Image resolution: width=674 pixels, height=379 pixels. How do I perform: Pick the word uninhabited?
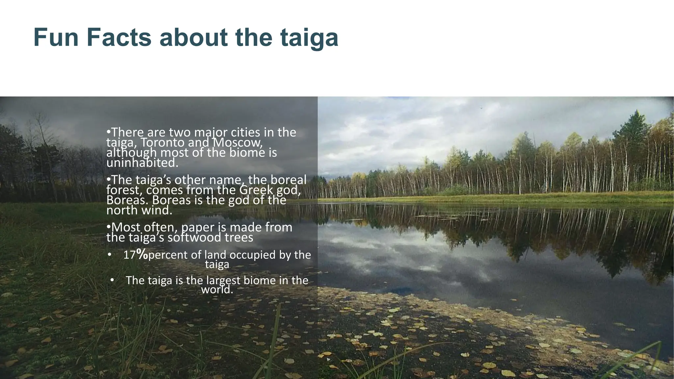[x=142, y=163]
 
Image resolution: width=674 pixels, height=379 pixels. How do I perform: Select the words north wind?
[x=139, y=211]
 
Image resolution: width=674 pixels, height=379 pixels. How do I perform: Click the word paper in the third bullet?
[x=197, y=228]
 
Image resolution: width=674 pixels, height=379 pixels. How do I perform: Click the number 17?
[x=129, y=255]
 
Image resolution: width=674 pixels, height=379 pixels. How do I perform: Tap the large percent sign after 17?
[x=142, y=254]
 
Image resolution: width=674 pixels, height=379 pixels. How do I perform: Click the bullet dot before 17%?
[x=110, y=255]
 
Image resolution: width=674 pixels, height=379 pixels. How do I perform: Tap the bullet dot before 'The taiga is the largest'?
[x=112, y=280]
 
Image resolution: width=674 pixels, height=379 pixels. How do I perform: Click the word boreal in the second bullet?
[x=288, y=180]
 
